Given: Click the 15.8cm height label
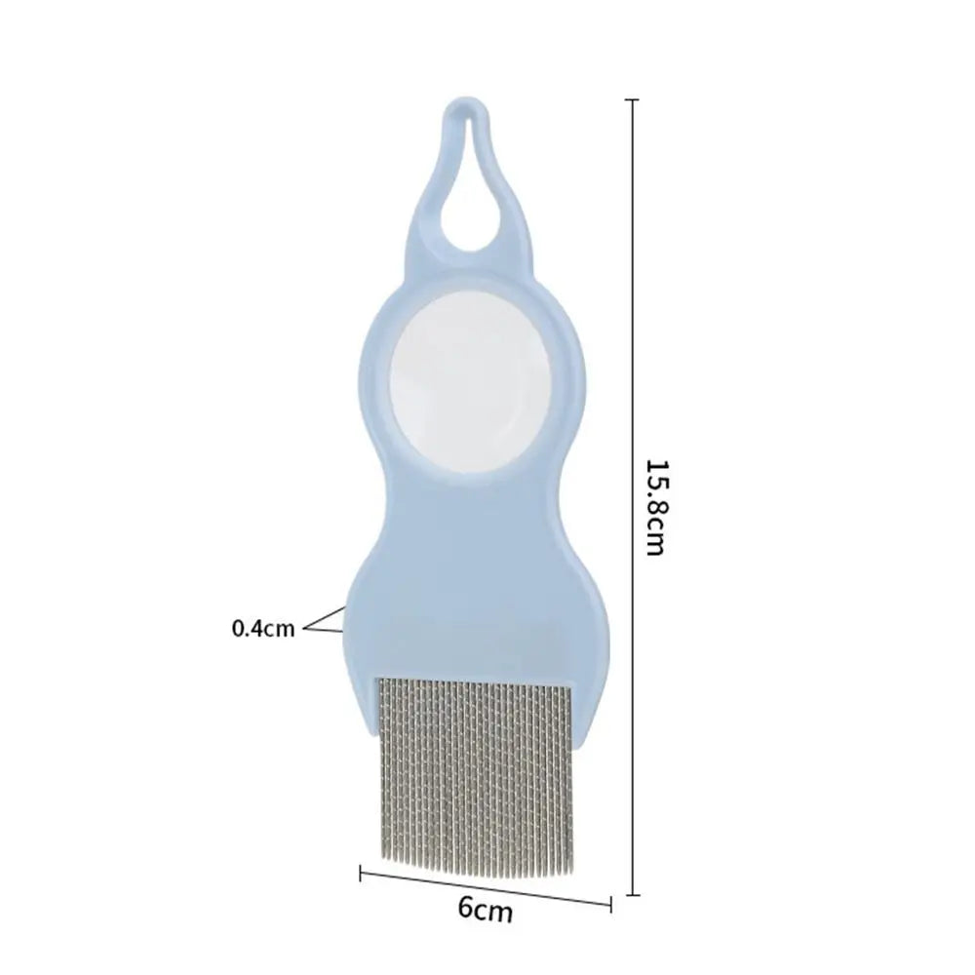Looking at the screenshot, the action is (x=656, y=507).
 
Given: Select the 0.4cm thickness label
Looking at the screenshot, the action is (x=263, y=628).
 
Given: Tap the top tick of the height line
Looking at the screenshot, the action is (x=633, y=99).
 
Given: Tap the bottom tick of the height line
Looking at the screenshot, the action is (x=633, y=895).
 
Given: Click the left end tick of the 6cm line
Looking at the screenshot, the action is (x=361, y=874).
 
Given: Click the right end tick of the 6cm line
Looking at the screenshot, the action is (x=610, y=904).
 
